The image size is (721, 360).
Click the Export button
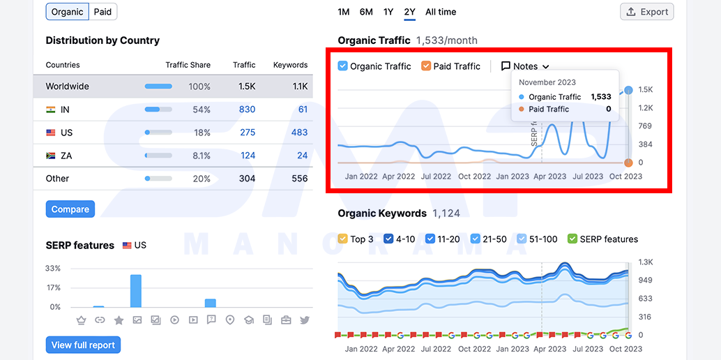pyautogui.click(x=647, y=12)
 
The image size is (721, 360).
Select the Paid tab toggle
pyautogui.click(x=103, y=12)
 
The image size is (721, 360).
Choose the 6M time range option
pyautogui.click(x=366, y=12)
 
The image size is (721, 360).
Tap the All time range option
pyautogui.click(x=441, y=12)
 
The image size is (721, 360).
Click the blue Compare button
pyautogui.click(x=70, y=209)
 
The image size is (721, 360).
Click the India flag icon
pyautogui.click(x=51, y=110)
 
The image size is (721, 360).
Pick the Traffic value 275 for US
pyautogui.click(x=248, y=133)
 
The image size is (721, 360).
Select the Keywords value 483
pyautogui.click(x=299, y=133)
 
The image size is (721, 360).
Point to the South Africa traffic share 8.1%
pyautogui.click(x=202, y=156)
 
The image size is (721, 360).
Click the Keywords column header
pyautogui.click(x=291, y=65)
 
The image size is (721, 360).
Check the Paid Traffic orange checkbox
pyautogui.click(x=426, y=66)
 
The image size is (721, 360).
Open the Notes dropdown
pyautogui.click(x=525, y=66)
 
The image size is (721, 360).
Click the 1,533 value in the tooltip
pyautogui.click(x=601, y=97)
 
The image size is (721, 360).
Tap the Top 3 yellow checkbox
pyautogui.click(x=342, y=239)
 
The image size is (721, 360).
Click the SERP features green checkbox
pyautogui.click(x=572, y=239)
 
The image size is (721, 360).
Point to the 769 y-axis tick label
pyautogui.click(x=645, y=126)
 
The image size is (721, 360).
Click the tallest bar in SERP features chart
pyautogui.click(x=136, y=291)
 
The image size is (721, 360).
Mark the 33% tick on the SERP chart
pyautogui.click(x=53, y=269)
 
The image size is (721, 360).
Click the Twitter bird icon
pyautogui.click(x=305, y=320)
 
